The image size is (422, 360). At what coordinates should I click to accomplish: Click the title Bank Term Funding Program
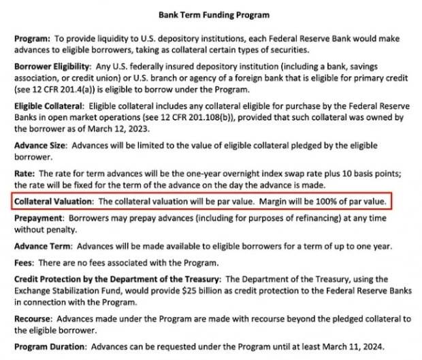(214, 14)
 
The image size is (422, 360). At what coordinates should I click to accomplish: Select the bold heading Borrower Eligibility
(52, 67)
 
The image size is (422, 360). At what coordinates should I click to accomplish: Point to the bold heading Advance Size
(40, 146)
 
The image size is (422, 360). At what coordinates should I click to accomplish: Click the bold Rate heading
(25, 174)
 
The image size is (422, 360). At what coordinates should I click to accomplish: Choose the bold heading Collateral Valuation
(54, 202)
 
